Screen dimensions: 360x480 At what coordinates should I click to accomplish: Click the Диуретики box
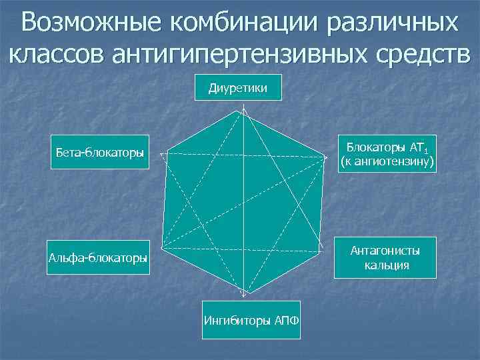238,87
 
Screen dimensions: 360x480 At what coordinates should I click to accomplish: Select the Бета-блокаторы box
100,153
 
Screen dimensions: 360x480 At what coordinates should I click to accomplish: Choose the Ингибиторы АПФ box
251,319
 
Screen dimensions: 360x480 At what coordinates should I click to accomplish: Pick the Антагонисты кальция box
386,257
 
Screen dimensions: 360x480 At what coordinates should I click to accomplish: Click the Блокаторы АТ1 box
387,154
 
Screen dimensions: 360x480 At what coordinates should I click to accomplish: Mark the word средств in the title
417,55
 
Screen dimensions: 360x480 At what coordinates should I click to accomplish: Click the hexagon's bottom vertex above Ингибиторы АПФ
243,295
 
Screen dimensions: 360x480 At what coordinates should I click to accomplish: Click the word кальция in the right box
387,265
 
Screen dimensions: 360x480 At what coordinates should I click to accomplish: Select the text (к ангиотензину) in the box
387,162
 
